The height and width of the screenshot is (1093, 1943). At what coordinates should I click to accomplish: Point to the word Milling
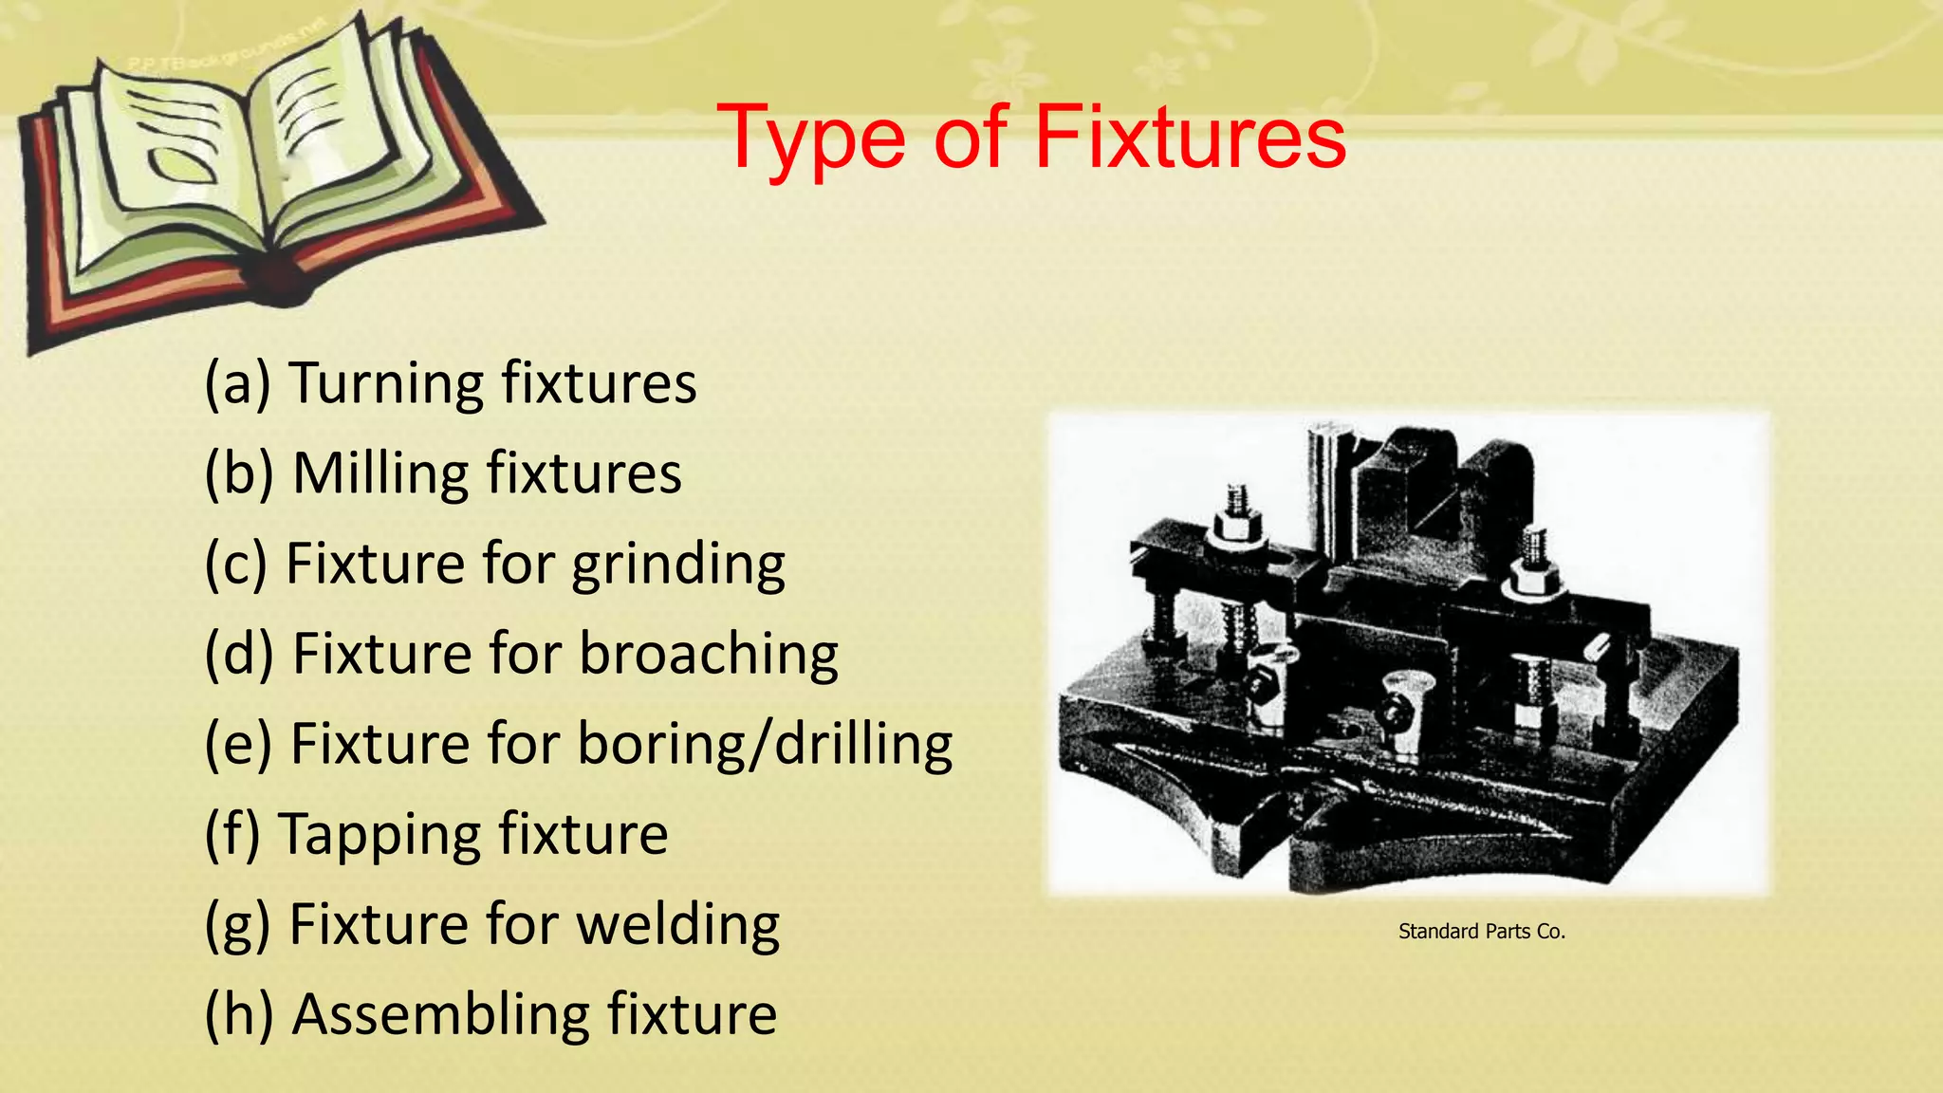380,472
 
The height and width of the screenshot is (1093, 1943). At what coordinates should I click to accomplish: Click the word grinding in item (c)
678,565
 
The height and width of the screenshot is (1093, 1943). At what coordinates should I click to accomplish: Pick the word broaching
709,654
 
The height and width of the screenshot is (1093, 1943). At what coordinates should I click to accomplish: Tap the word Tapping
379,835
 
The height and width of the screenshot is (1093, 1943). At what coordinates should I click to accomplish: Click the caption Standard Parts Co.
1481,932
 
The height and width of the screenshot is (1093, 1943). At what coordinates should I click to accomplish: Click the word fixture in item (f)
583,835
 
